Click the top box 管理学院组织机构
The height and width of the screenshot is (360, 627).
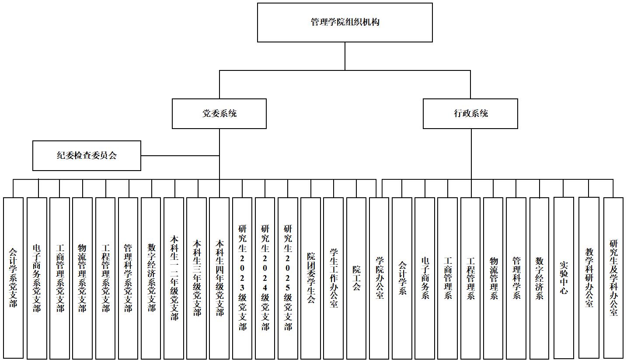coord(345,22)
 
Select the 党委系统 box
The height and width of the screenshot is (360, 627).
coord(219,114)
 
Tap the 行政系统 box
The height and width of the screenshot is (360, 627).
coord(470,114)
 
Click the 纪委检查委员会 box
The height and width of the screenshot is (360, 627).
coord(87,156)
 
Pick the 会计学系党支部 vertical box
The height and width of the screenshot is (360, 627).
coord(13,278)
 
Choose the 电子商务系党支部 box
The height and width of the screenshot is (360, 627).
coord(37,278)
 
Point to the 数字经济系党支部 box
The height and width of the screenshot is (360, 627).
coord(151,278)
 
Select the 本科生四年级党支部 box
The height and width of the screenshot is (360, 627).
coord(219,278)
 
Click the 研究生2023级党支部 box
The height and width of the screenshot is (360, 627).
coord(242,278)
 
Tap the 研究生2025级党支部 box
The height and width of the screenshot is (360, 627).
coord(288,278)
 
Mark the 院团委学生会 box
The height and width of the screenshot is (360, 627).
coord(311,278)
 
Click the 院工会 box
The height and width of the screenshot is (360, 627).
coord(356,278)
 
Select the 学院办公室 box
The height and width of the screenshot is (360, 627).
coord(379,278)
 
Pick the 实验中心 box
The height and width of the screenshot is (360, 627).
coord(564,278)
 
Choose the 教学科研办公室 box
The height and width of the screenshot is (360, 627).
coord(589,278)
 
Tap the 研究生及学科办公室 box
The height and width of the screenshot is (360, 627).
coord(613,278)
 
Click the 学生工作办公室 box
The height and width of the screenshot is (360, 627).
coord(334,278)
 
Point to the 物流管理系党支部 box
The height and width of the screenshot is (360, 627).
coord(82,278)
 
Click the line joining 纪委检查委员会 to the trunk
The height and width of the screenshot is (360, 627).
coord(179,156)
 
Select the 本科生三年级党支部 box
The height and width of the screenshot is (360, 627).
coord(197,278)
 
